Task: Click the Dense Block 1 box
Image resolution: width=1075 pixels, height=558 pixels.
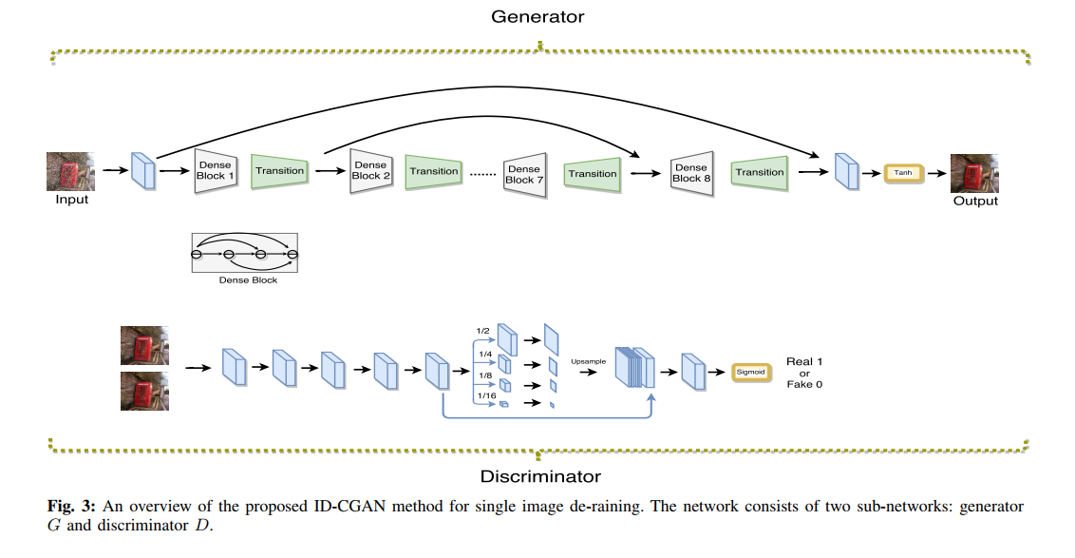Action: tap(215, 170)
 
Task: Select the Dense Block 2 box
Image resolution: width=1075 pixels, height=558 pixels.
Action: tap(370, 170)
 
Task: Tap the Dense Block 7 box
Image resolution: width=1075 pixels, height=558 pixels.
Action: tap(524, 174)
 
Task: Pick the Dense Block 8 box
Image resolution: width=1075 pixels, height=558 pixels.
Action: tap(691, 172)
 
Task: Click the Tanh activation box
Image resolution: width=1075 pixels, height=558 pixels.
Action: tap(902, 173)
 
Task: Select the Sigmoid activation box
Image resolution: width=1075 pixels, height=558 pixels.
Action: tap(750, 372)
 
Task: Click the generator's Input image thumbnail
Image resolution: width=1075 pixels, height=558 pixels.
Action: tap(71, 172)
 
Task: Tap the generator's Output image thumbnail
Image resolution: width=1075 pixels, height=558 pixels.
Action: tap(975, 174)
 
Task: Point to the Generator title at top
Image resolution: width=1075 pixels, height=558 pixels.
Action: tap(537, 17)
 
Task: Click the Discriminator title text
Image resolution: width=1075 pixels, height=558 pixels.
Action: tap(539, 475)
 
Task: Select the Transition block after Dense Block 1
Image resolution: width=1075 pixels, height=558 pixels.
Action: tap(279, 171)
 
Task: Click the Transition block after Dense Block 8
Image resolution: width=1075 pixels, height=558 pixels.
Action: tap(759, 172)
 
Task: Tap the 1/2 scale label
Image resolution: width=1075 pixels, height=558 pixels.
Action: tap(482, 331)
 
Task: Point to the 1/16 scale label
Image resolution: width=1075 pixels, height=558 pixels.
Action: tap(486, 394)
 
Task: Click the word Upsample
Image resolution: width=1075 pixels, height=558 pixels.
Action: tap(588, 362)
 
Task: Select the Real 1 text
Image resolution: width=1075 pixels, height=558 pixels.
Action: tap(804, 362)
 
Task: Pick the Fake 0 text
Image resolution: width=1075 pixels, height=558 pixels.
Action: tap(804, 384)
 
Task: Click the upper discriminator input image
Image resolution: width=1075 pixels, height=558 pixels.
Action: tap(144, 346)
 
